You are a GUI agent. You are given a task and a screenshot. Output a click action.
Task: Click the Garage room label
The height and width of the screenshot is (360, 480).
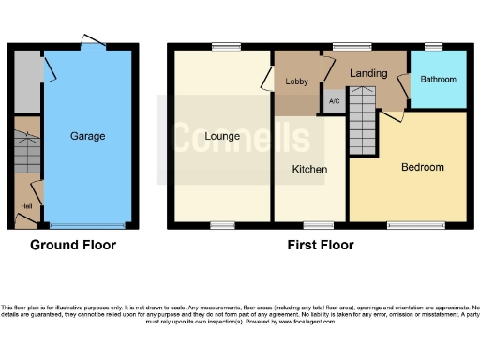click(x=87, y=136)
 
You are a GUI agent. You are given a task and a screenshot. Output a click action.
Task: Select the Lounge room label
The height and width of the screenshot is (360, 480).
click(x=220, y=137)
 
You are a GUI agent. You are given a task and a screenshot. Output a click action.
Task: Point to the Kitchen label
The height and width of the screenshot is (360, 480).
click(x=309, y=170)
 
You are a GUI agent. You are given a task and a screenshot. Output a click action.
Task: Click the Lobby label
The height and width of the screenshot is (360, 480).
click(x=296, y=82)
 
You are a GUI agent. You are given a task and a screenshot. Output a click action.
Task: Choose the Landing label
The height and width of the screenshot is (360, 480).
click(x=368, y=72)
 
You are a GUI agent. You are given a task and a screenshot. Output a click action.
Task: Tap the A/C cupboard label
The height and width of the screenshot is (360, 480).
click(x=334, y=101)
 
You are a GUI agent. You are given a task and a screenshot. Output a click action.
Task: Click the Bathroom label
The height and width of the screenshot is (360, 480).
click(x=438, y=80)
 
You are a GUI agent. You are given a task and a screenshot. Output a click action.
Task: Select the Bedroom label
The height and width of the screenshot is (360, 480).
click(x=423, y=167)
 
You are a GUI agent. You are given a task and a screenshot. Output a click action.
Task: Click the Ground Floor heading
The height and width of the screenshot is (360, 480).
click(x=73, y=246)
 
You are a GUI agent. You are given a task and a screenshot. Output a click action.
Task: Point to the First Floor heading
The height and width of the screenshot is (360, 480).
click(x=320, y=246)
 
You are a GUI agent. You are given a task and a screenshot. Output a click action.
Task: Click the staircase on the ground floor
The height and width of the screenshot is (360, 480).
click(x=26, y=152)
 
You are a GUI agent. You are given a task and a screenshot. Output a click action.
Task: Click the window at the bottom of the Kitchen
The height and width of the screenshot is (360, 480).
click(x=318, y=225)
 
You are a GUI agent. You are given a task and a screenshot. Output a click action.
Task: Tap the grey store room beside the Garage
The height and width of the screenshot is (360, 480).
click(x=26, y=81)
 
